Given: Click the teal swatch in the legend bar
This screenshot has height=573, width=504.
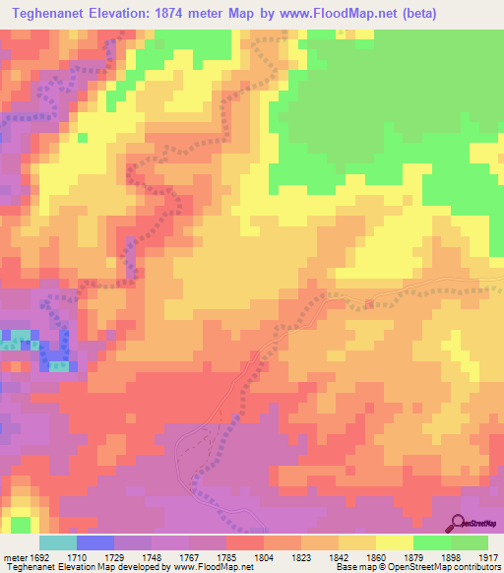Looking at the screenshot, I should click(x=58, y=542).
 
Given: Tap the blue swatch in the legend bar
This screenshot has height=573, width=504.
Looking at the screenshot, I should click(x=95, y=542).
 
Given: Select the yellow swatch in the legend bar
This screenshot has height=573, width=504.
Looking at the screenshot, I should click(x=394, y=542).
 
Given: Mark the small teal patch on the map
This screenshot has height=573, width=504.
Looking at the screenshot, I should click(x=12, y=344).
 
